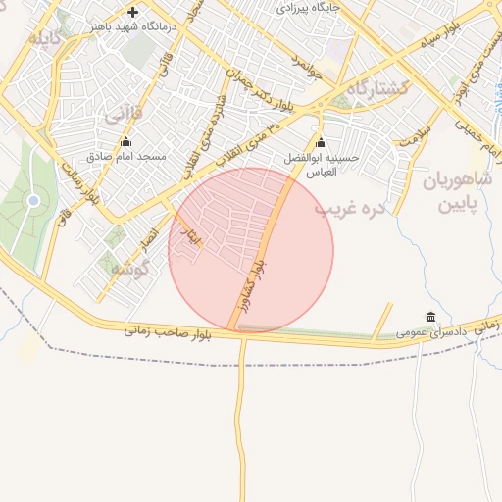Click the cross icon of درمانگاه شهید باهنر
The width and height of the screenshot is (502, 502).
click(x=133, y=12)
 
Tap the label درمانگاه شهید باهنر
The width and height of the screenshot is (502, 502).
click(x=133, y=26)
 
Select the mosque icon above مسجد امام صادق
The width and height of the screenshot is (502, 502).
click(x=125, y=141)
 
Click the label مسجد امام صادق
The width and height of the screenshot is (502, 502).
click(x=125, y=157)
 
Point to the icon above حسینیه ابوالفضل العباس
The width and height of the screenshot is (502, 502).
click(x=321, y=141)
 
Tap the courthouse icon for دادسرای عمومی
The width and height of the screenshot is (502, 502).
click(x=431, y=316)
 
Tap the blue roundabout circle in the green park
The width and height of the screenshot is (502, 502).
click(x=33, y=201)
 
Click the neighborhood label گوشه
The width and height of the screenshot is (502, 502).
click(x=127, y=267)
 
